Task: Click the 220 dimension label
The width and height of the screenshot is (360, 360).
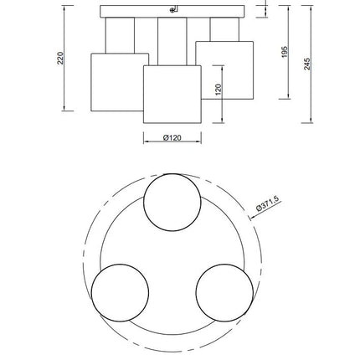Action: point(60,58)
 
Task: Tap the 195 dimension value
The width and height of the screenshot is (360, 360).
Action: point(285,52)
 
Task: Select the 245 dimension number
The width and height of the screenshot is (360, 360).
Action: point(307,64)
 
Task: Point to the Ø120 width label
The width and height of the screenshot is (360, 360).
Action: point(172,137)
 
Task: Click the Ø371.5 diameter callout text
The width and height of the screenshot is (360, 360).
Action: point(267,204)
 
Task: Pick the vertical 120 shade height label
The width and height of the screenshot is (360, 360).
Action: point(219,90)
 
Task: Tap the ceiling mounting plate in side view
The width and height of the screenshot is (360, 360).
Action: point(172,12)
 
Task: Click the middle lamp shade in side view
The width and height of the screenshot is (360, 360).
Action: point(172,95)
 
